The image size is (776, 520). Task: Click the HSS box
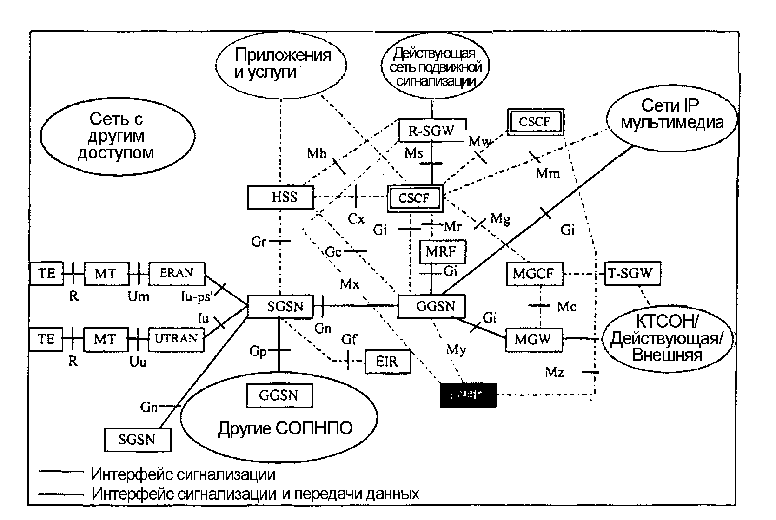(x=280, y=197)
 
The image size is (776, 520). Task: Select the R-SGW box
(x=432, y=131)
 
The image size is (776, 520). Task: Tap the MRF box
(x=441, y=251)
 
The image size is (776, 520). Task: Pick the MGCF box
(x=533, y=273)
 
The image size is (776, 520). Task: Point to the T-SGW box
(x=632, y=273)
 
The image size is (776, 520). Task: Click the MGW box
(x=533, y=339)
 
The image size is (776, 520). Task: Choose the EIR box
(x=387, y=361)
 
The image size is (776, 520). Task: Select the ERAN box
(x=177, y=273)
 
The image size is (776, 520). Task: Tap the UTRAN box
(x=176, y=338)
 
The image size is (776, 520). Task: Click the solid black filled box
(x=468, y=395)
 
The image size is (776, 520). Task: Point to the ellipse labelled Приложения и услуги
(x=282, y=64)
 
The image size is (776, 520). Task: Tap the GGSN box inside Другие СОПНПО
(x=279, y=395)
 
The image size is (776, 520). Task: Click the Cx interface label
(x=357, y=219)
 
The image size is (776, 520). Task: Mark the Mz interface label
(x=555, y=372)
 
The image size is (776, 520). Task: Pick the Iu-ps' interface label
(x=197, y=296)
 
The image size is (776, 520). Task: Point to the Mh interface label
(x=317, y=153)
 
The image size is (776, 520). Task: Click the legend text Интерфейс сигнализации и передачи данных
(x=255, y=494)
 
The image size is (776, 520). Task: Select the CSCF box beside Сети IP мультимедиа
(x=535, y=122)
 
